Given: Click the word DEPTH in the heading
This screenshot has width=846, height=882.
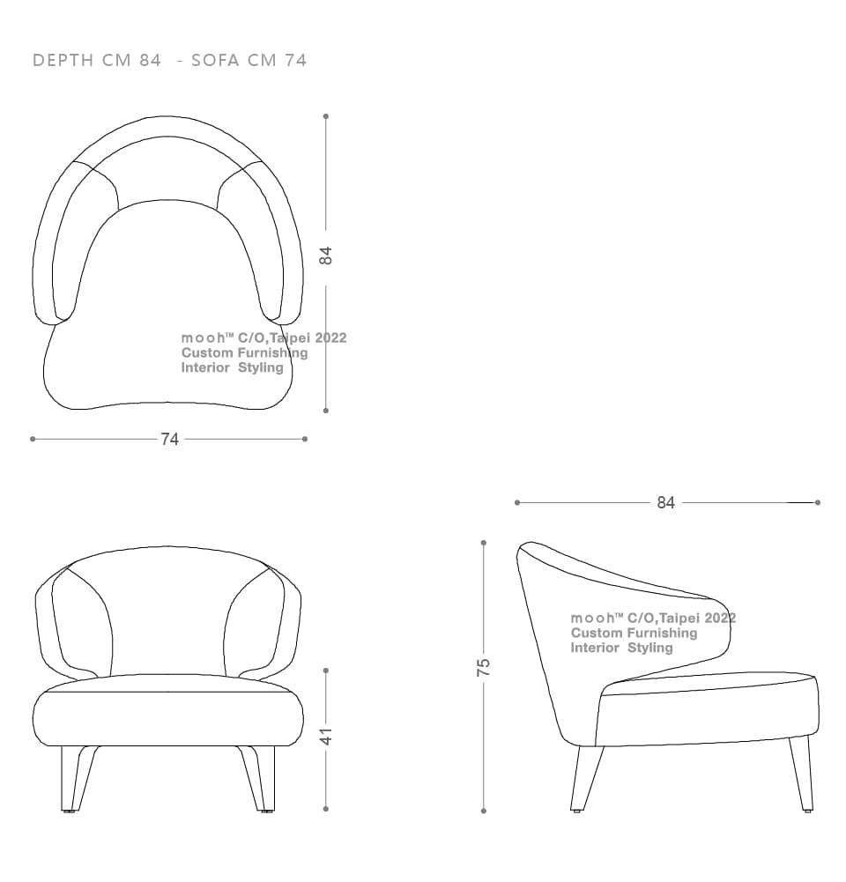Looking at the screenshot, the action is tap(63, 60).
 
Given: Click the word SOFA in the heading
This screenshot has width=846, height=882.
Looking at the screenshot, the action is tap(215, 60).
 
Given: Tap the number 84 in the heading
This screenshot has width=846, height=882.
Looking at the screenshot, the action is tap(150, 60).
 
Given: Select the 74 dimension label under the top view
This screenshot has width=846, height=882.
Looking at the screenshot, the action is tap(170, 440).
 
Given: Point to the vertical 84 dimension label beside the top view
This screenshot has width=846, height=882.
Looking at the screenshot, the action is tap(326, 256).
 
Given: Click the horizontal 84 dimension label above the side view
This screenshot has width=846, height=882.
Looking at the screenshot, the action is tap(666, 503).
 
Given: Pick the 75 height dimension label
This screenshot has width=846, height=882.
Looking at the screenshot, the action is tap(483, 667).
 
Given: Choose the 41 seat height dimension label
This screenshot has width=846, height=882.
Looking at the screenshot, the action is tap(326, 737).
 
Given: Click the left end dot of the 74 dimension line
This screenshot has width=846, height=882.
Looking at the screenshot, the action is tap(33, 439).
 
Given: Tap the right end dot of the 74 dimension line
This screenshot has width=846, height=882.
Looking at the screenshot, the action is tap(305, 439).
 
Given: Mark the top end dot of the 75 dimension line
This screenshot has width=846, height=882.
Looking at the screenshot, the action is tap(484, 543).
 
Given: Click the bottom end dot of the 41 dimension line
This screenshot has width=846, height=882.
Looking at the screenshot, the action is tap(326, 809).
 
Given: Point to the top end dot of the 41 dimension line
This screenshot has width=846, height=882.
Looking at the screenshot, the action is tap(326, 671).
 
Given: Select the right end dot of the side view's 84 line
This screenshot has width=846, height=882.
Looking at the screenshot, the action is tap(817, 502).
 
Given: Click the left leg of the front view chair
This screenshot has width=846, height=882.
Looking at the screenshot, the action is tap(76, 779).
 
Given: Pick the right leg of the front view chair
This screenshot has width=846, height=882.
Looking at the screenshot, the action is tap(259, 779).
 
